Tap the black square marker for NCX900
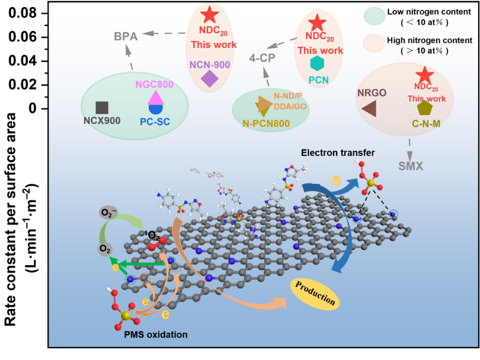[102, 107]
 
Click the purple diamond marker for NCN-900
[209, 78]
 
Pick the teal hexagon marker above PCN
[318, 62]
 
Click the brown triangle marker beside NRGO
[369, 108]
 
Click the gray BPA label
[126, 37]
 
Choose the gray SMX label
[411, 166]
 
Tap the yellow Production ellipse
[315, 294]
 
